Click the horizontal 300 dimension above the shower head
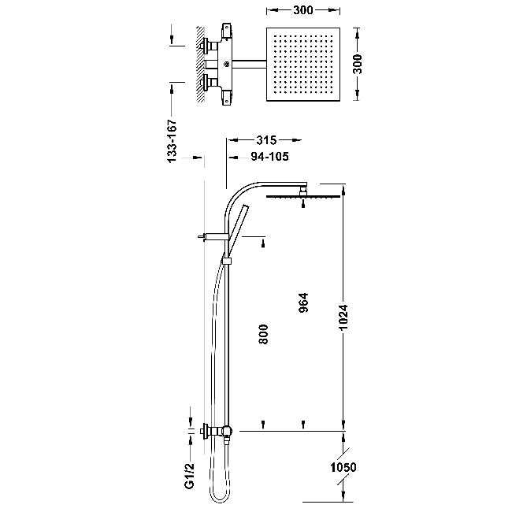303,10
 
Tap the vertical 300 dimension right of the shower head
358,64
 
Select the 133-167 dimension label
172,141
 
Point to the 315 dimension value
266,140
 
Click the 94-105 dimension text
269,157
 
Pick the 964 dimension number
303,302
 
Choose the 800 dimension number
263,334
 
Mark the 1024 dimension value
343,317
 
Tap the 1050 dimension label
343,467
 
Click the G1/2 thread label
189,476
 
